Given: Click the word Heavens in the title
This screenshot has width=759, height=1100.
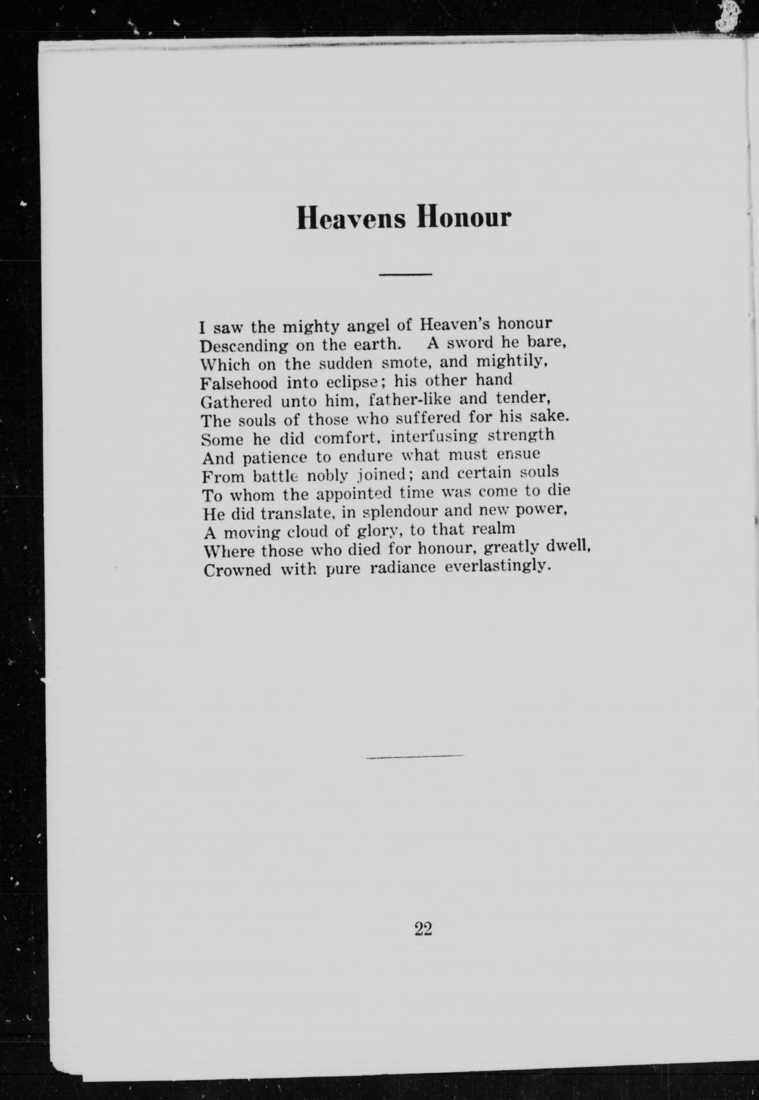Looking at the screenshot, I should (x=351, y=218).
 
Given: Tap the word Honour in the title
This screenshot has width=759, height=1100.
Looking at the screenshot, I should (x=464, y=218).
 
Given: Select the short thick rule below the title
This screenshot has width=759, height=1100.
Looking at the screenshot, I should (x=405, y=275).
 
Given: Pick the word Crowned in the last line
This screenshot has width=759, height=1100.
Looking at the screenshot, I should (x=237, y=570).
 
